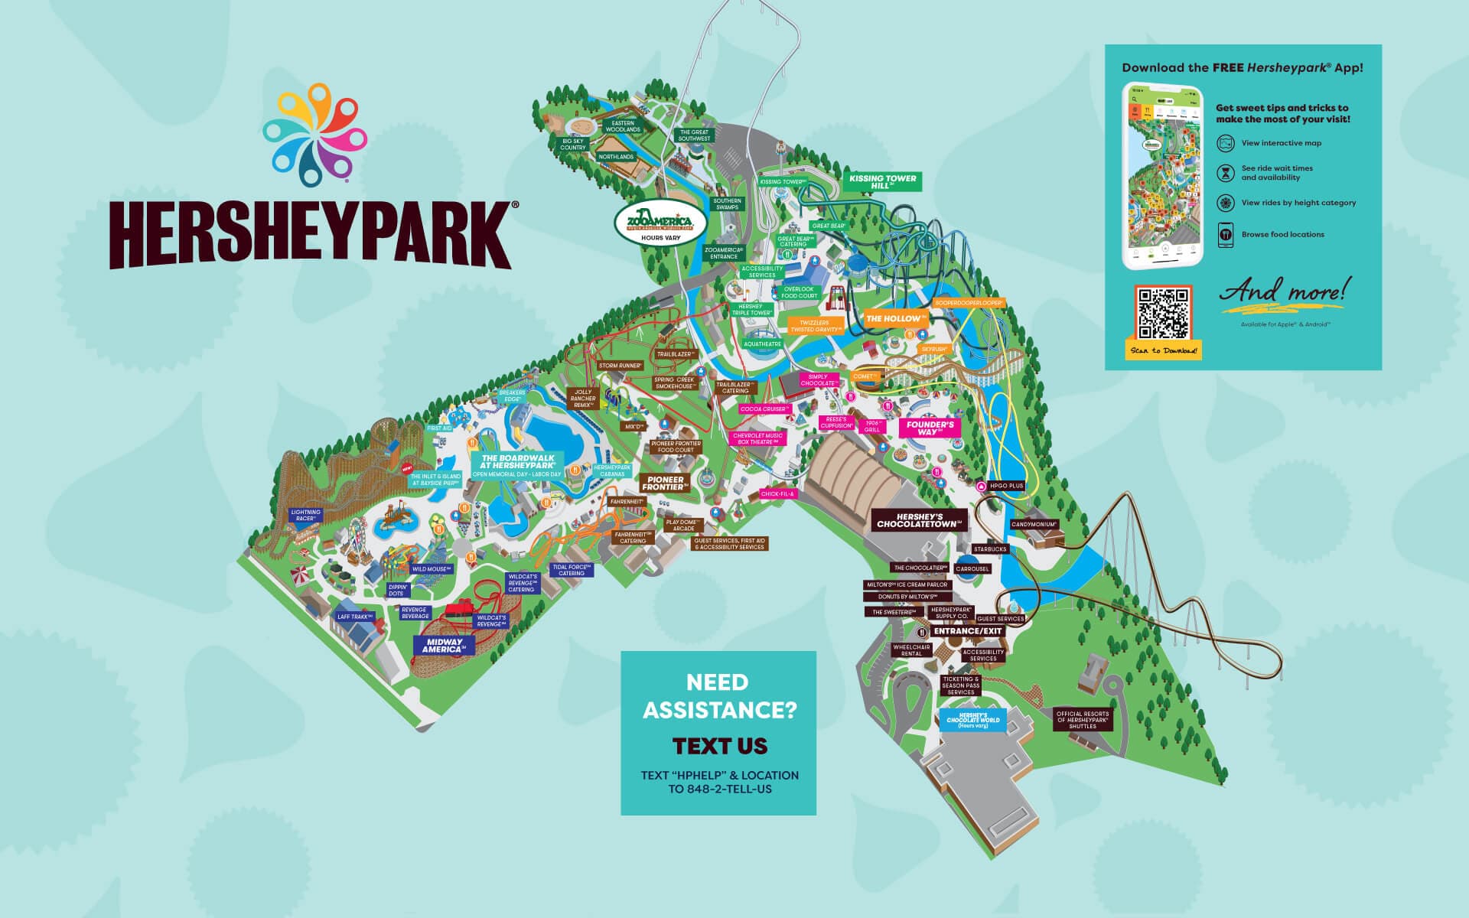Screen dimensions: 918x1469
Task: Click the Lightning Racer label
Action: pos(305,516)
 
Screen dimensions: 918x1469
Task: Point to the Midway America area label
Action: pos(444,646)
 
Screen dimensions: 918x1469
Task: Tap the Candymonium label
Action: pos(1034,525)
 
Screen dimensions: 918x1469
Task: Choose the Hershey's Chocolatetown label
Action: pos(918,521)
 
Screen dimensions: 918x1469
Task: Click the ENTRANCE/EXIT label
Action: pos(968,631)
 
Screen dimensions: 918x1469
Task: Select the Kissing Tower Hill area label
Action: pos(882,182)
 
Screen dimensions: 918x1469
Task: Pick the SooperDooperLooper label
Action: pos(969,304)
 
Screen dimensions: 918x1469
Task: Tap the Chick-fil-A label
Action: pos(778,494)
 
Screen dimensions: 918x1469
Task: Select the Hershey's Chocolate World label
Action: pos(972,720)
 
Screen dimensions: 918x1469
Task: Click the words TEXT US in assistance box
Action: pos(719,746)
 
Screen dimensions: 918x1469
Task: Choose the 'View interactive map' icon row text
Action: pos(1281,143)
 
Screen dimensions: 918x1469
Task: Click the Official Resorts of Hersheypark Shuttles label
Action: pos(1082,720)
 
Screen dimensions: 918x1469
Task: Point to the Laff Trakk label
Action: pos(354,617)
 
